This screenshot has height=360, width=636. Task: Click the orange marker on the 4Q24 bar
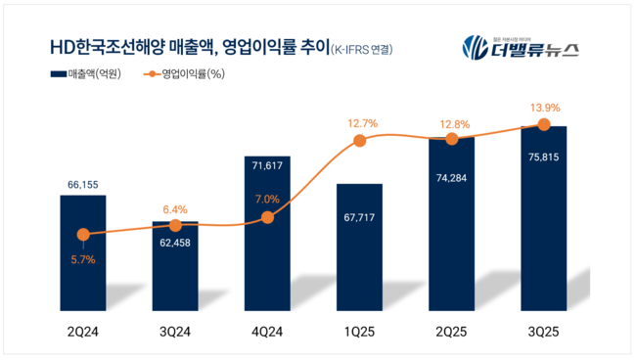267,217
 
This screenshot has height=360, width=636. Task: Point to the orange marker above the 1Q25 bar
359,141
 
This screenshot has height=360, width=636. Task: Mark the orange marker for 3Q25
543,124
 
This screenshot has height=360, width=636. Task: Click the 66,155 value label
83,183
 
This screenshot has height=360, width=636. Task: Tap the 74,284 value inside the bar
451,179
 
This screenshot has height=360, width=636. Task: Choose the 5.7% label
83,259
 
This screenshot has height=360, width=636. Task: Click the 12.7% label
359,122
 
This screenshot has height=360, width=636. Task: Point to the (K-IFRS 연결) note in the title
367,48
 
